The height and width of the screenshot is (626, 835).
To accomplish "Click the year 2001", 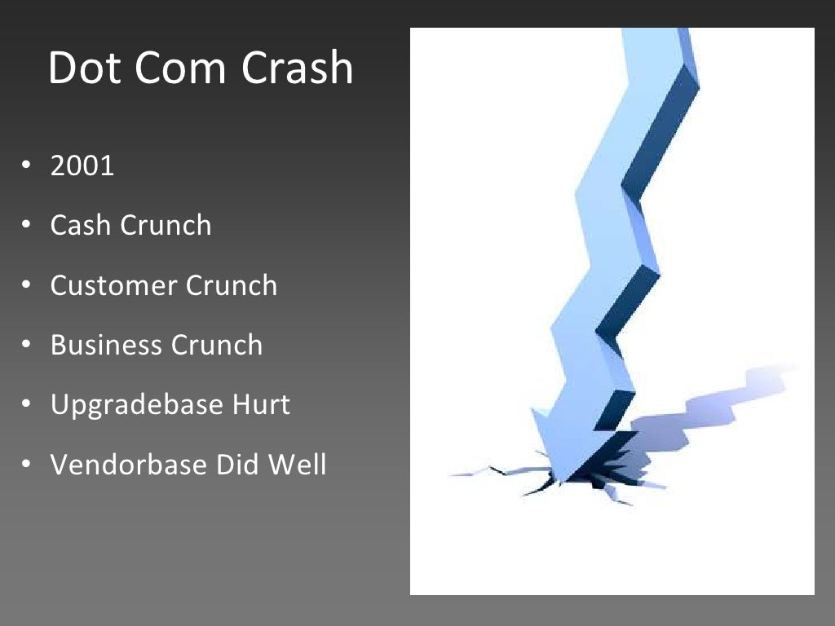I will click(x=82, y=166).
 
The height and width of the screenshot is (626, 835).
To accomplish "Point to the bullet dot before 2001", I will click(x=26, y=166).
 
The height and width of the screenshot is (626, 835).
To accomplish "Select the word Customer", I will click(x=113, y=286).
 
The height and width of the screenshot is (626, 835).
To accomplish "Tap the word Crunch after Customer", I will click(x=232, y=286).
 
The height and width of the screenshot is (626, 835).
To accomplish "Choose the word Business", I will click(x=106, y=346).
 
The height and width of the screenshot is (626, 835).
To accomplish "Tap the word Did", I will click(x=233, y=465).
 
